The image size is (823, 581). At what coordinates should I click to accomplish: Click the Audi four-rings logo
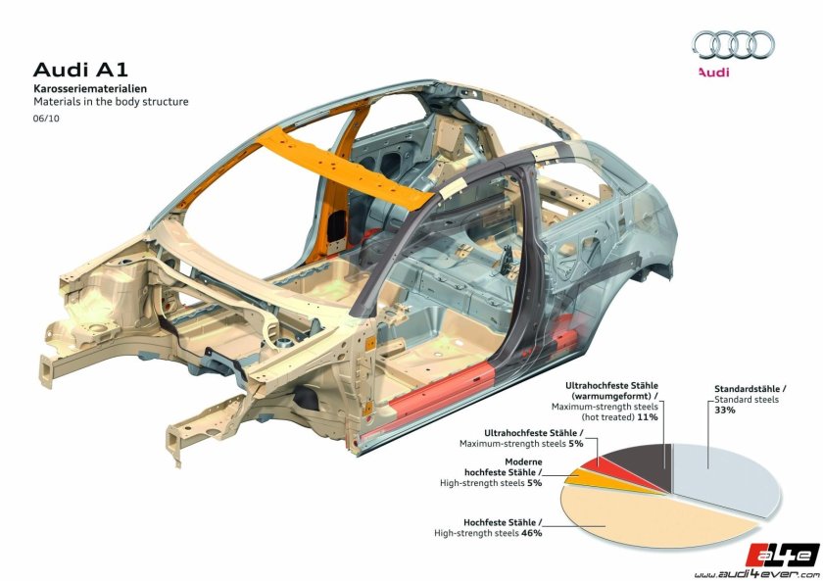733,44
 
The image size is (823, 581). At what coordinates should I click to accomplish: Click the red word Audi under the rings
714,72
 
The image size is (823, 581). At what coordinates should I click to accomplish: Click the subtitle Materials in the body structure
111,102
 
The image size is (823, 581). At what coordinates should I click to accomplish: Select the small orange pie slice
577,478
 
